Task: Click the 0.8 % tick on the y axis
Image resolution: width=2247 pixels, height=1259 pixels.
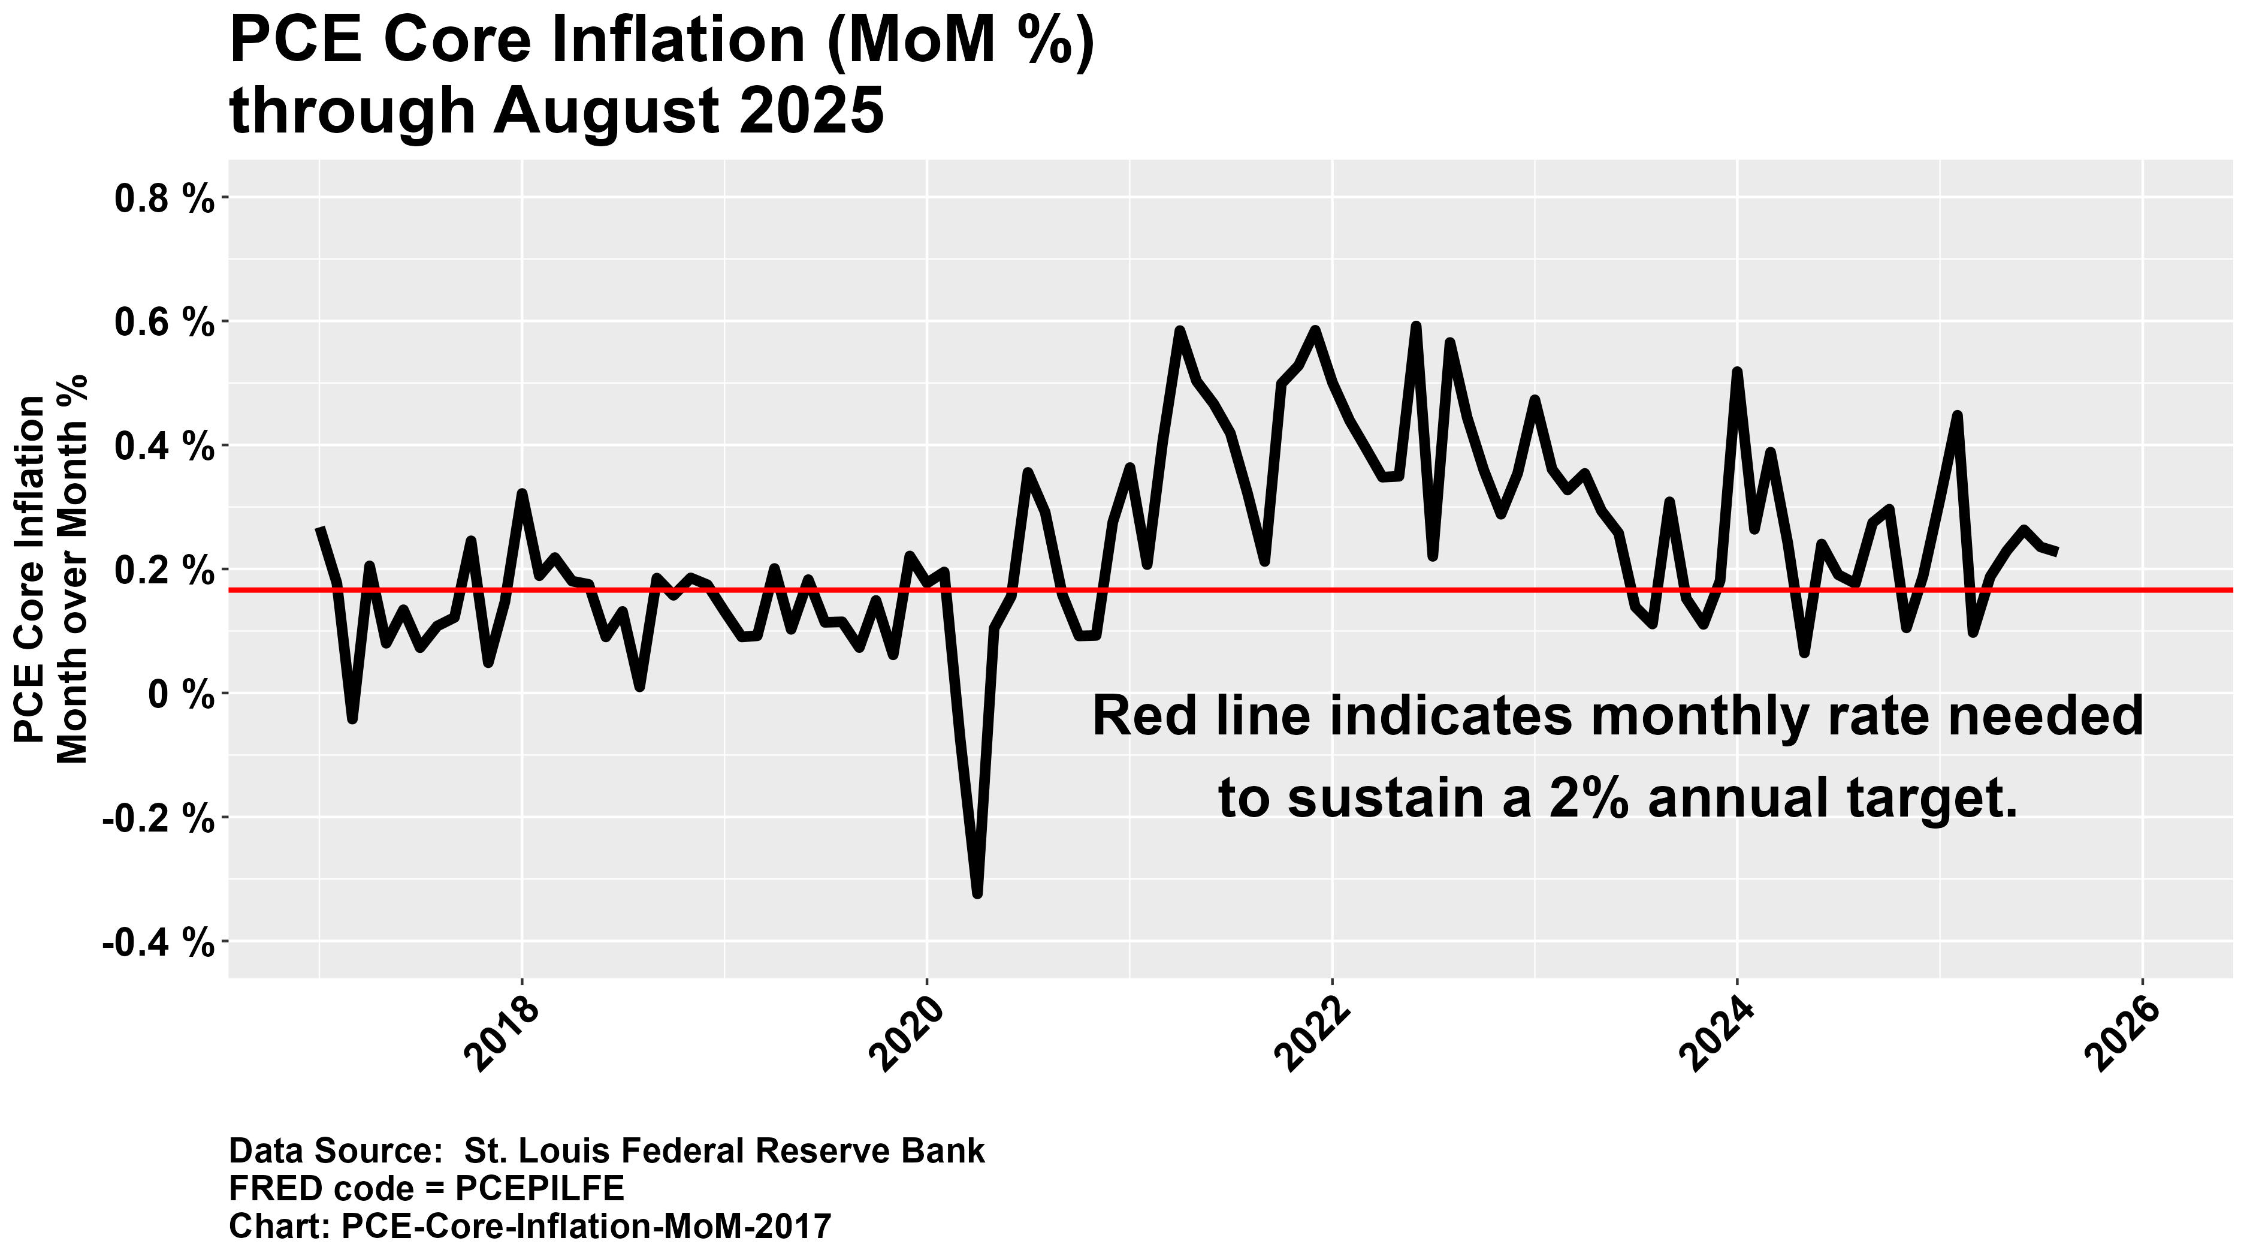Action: [x=164, y=199]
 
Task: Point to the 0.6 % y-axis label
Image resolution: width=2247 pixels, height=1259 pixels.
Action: [x=164, y=323]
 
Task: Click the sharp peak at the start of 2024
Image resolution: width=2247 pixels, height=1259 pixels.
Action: [x=1736, y=372]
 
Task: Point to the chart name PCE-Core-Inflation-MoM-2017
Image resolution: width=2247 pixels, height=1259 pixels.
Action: [x=585, y=1226]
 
